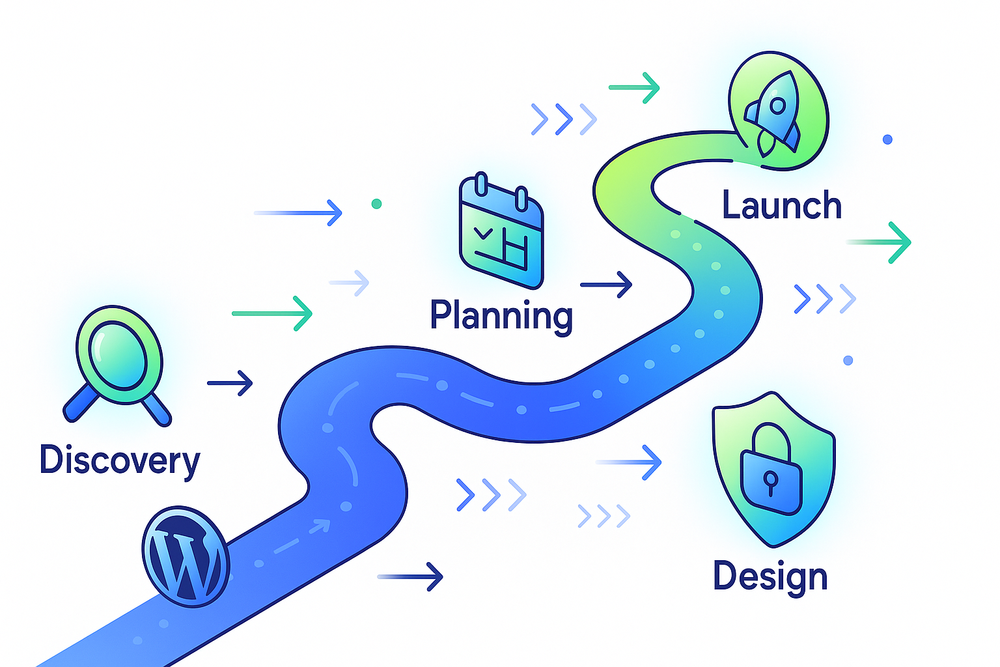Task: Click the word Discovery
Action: click(x=120, y=460)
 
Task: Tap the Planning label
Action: click(x=501, y=315)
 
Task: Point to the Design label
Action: click(x=770, y=576)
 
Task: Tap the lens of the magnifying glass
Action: click(x=118, y=354)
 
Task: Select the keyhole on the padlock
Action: click(x=771, y=482)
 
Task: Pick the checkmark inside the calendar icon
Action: click(x=484, y=233)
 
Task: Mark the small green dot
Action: click(x=376, y=204)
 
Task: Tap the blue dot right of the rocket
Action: click(x=887, y=139)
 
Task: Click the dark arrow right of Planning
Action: click(x=607, y=285)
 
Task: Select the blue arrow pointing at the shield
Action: click(x=630, y=462)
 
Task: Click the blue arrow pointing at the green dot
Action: click(x=299, y=213)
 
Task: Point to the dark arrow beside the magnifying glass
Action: click(x=230, y=383)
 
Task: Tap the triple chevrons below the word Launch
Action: click(x=824, y=298)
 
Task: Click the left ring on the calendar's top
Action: click(x=481, y=183)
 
